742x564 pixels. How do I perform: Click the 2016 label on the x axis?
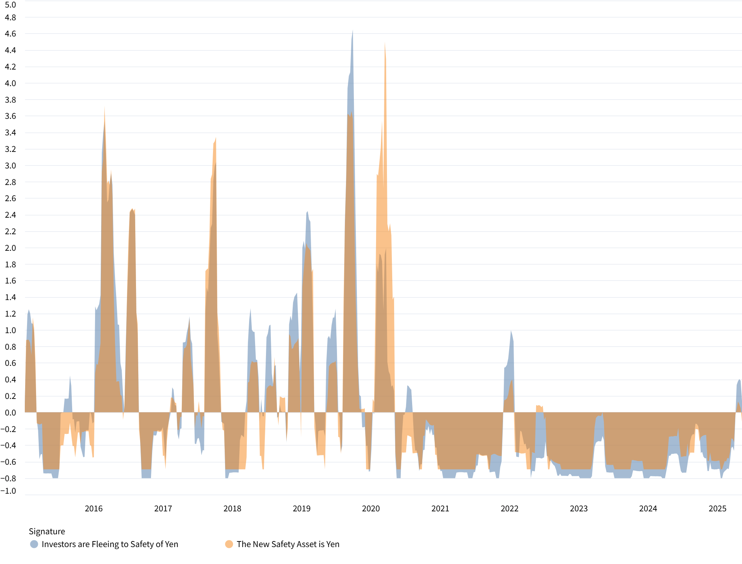(94, 508)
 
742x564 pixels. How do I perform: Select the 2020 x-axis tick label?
(371, 508)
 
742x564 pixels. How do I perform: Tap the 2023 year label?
(579, 508)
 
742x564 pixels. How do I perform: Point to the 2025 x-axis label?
(717, 508)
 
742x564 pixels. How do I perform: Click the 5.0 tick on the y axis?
(11, 5)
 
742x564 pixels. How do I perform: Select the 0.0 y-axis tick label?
(11, 412)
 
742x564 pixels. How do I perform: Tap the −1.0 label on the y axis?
(9, 491)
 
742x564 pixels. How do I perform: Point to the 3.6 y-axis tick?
(11, 116)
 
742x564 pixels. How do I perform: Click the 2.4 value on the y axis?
(11, 215)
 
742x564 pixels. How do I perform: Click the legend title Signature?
(47, 531)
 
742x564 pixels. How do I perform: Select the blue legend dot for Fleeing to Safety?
(34, 544)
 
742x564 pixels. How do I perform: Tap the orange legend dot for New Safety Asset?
(229, 544)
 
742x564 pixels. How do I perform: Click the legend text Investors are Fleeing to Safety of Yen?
(110, 544)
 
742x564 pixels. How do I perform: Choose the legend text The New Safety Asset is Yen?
(288, 544)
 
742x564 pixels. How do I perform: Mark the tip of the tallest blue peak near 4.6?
(352, 31)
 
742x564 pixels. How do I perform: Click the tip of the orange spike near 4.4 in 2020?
(385, 43)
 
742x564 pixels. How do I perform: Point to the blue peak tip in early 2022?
(511, 331)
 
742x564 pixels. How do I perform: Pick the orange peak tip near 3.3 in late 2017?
(216, 138)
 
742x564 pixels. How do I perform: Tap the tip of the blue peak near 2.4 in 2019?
(307, 212)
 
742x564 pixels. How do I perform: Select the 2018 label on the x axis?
(232, 508)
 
